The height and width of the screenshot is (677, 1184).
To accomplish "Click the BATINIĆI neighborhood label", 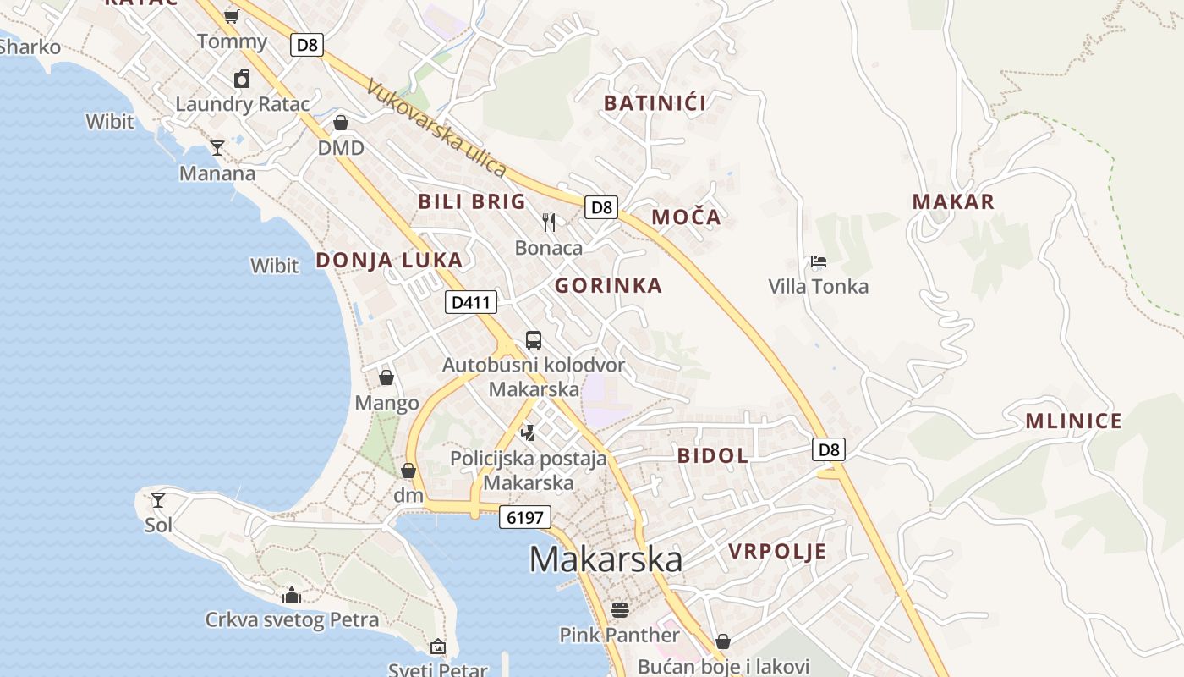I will (655, 103).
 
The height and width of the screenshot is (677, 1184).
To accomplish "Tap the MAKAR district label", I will (953, 201).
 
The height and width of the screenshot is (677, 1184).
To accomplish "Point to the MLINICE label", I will (1073, 421).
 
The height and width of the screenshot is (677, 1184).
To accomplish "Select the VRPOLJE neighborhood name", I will (777, 552).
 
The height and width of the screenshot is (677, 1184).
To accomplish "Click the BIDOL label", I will (712, 455).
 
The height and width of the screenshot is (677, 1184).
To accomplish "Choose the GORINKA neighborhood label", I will (608, 286).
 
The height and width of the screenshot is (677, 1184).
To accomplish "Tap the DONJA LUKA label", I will (389, 260).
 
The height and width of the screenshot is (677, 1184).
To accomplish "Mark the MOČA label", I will (686, 217).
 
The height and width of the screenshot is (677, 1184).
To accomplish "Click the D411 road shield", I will (471, 302).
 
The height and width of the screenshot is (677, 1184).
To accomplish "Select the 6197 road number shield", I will (524, 517).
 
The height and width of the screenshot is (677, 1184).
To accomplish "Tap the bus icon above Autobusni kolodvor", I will (534, 340).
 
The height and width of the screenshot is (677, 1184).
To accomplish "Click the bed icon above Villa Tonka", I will (818, 261).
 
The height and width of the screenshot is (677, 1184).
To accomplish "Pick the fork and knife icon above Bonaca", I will (549, 223).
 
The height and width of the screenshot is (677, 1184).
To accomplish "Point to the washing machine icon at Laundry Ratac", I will (242, 79).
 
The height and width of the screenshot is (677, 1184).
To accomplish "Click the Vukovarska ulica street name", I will (436, 129).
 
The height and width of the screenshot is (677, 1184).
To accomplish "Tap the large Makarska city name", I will (606, 559).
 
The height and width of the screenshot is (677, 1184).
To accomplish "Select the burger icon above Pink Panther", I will (620, 609).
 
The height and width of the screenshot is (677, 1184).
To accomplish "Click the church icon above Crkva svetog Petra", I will (292, 595).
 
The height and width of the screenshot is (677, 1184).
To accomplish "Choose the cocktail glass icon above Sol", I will (158, 499).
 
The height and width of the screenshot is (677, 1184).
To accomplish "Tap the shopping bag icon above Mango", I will (386, 377).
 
